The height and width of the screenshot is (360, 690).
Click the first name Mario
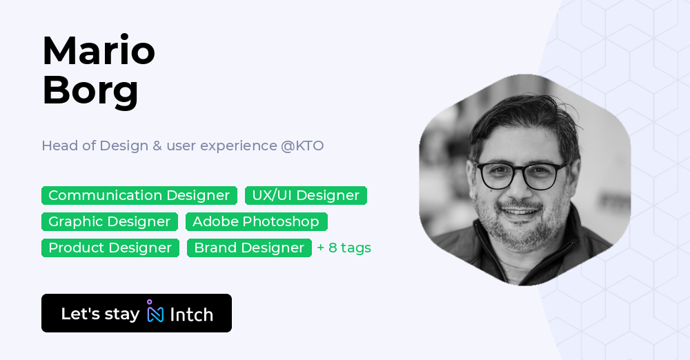99,50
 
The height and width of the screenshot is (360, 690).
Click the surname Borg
90,90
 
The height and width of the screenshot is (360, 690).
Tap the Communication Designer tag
139,195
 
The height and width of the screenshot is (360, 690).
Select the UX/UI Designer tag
306,195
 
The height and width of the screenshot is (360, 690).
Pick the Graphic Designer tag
109,221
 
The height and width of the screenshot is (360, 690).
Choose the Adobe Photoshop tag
256,221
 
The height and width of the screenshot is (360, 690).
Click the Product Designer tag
110,248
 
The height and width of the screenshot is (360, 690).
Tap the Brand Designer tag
249,248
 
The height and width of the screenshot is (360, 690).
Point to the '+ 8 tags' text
344,248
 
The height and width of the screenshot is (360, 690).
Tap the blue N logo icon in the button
155,314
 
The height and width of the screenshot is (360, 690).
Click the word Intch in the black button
191,314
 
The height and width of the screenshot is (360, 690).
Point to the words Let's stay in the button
100,314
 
